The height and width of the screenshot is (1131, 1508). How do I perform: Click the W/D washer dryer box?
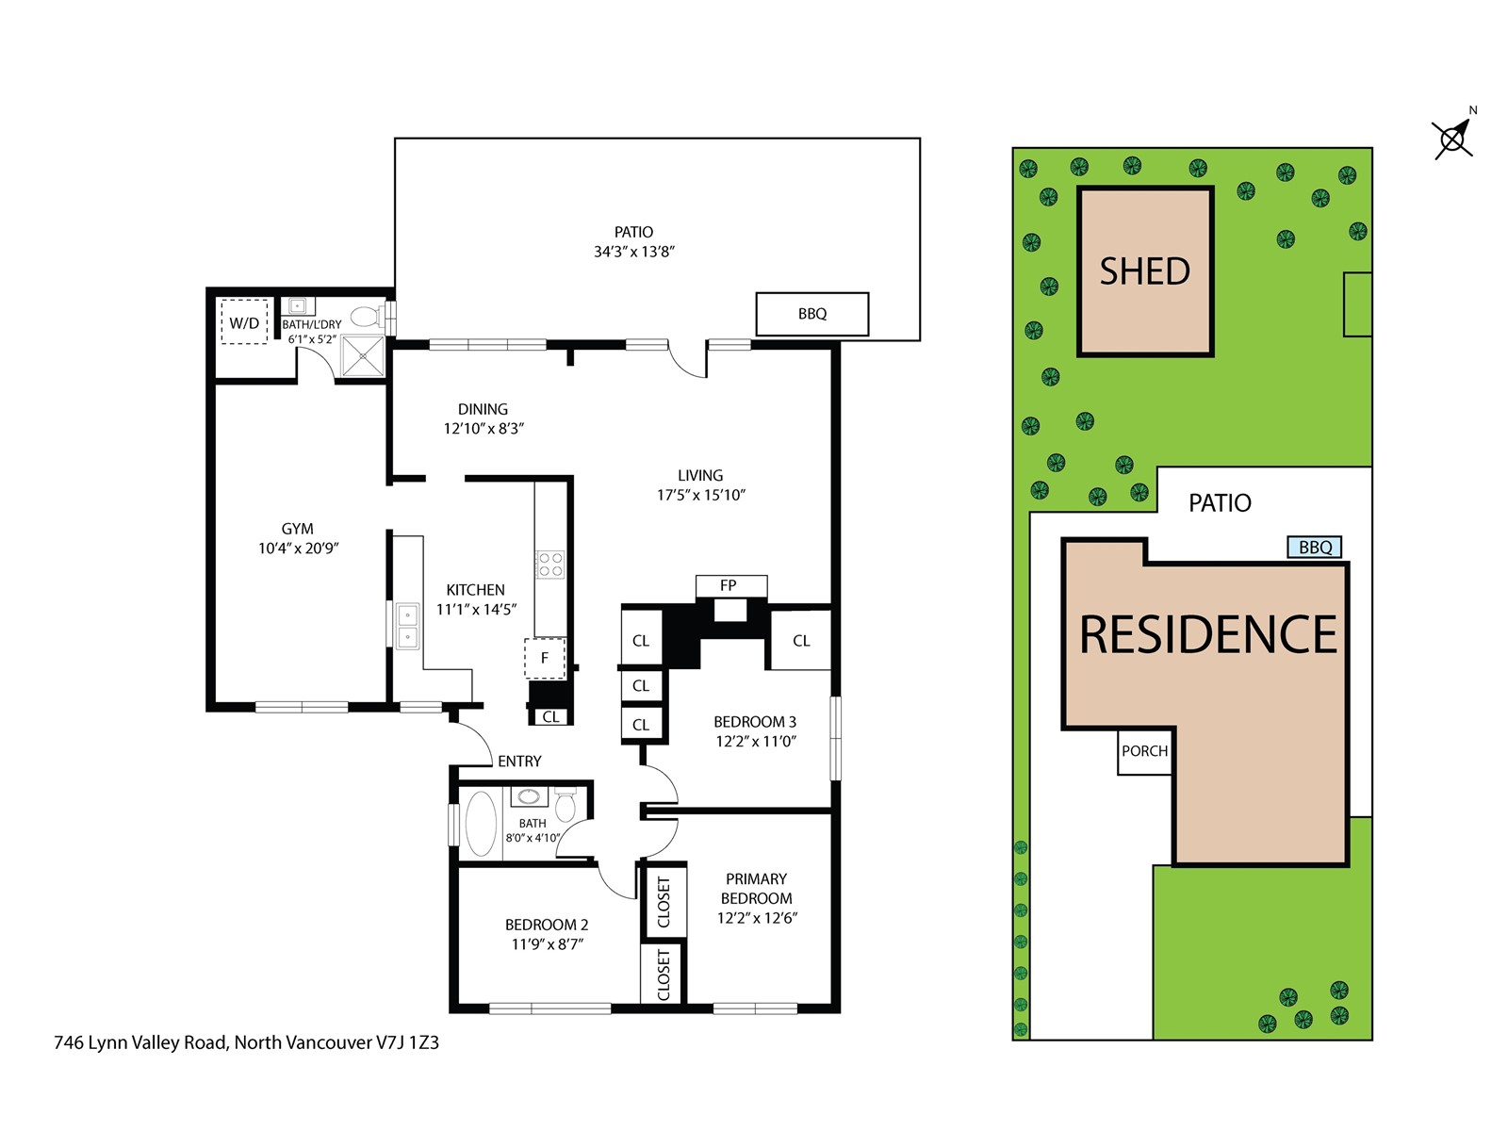[244, 320]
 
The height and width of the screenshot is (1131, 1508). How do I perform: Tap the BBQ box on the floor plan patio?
[811, 314]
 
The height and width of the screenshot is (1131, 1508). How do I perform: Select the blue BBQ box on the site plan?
[1314, 547]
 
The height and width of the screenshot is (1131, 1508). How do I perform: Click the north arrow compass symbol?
[1452, 139]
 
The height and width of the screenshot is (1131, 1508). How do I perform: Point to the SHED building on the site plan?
[1144, 270]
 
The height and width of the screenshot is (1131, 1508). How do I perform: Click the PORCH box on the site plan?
[1144, 750]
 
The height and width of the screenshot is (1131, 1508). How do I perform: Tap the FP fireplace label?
[728, 585]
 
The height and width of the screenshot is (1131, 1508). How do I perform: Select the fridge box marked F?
[545, 658]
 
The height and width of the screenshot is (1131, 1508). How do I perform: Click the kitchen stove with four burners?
[550, 564]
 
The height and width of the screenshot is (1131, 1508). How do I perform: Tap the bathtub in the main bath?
[481, 824]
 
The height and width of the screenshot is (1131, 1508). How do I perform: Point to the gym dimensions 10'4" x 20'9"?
[298, 548]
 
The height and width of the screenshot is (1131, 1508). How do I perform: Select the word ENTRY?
[519, 761]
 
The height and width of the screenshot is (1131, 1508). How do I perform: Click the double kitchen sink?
[407, 625]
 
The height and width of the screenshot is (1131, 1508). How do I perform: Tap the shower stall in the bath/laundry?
[362, 355]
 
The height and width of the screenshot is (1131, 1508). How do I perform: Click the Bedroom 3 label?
[754, 722]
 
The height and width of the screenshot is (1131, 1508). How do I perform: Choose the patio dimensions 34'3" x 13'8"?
[633, 252]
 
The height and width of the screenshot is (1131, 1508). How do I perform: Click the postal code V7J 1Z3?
[407, 1042]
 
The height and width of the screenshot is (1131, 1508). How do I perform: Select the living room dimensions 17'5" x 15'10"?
[701, 495]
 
